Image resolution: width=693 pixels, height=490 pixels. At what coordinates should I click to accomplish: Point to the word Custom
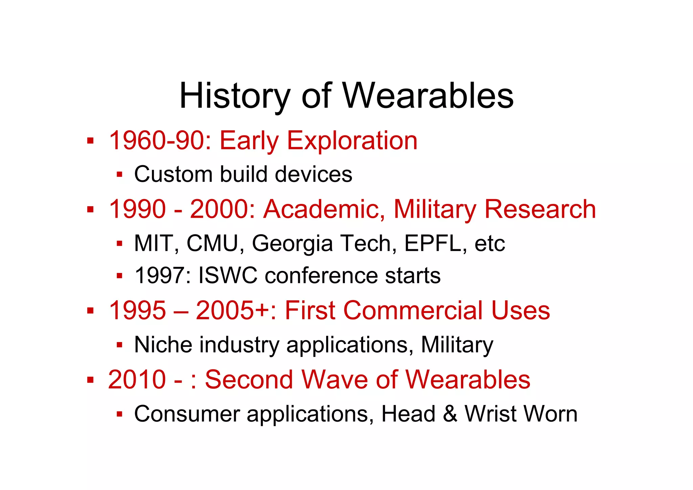click(x=174, y=174)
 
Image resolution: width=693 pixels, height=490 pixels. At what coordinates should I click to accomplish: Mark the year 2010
click(x=137, y=380)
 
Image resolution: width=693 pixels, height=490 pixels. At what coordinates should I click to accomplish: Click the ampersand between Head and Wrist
click(x=450, y=414)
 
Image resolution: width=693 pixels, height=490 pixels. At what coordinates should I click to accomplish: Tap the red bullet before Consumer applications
click(x=119, y=414)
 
